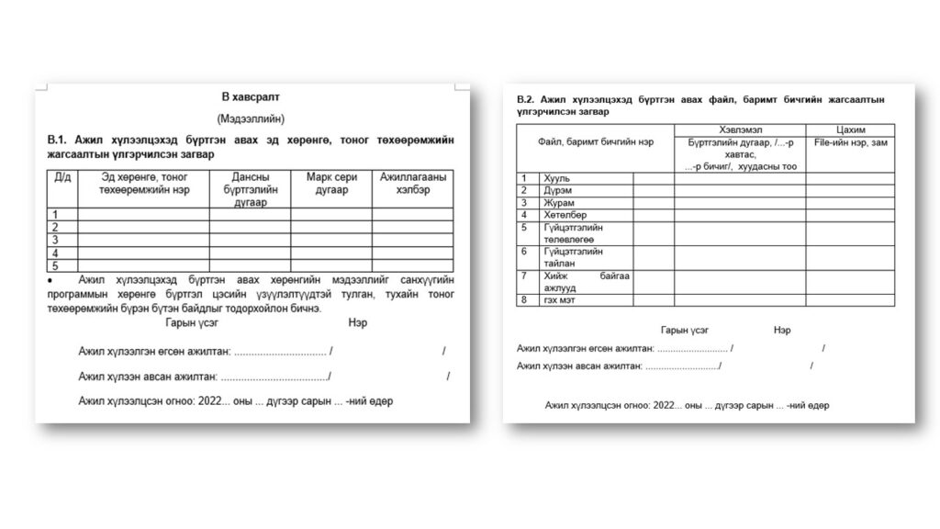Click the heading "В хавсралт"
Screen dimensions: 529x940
(251, 96)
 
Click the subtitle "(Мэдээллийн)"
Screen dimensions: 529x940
(251, 118)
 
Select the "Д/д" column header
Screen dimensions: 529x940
(62, 176)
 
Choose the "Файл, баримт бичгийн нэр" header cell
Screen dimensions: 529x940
(597, 143)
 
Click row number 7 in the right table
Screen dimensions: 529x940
(523, 275)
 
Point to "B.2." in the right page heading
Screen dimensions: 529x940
(525, 98)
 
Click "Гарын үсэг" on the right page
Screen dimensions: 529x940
(685, 330)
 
